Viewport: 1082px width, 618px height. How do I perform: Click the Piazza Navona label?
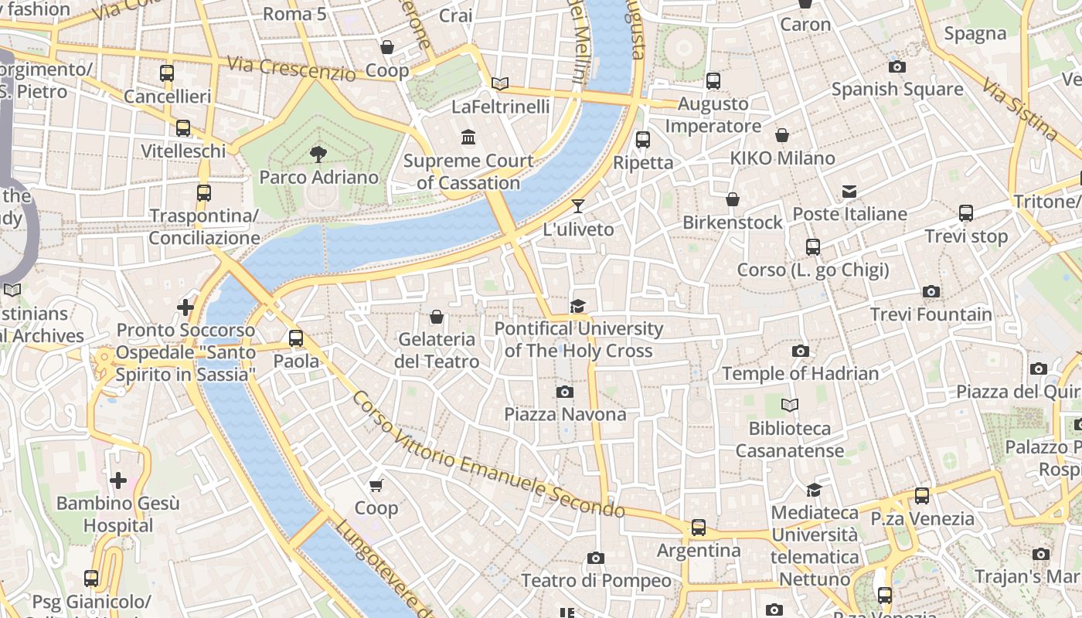tap(565, 414)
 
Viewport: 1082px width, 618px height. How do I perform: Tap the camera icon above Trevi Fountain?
tap(931, 292)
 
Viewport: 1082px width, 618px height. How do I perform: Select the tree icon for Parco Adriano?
tap(318, 154)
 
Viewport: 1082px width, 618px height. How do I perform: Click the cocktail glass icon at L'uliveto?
tap(578, 206)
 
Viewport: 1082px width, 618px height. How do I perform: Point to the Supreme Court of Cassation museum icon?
tap(468, 138)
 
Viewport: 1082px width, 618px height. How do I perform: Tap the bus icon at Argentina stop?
tap(699, 528)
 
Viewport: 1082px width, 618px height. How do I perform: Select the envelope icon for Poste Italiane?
tap(849, 192)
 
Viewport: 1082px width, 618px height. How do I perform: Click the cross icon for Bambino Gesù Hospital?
tap(118, 481)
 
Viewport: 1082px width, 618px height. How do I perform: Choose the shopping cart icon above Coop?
tap(376, 485)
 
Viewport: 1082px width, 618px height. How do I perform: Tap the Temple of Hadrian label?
tap(800, 374)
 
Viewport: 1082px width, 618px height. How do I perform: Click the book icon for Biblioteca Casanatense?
tap(789, 405)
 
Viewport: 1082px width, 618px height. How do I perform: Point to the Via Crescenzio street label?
tap(291, 70)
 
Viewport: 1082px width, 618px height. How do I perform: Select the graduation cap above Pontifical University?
tap(578, 307)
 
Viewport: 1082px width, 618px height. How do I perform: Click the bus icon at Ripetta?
tap(643, 140)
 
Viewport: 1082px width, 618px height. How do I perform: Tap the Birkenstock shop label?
tap(732, 222)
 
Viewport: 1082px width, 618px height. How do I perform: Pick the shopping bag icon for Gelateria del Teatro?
tap(437, 317)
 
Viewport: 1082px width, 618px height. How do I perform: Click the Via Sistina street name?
tap(1020, 109)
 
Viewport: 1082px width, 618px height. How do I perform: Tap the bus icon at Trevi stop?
tap(966, 213)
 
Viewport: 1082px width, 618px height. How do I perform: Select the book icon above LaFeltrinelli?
tap(500, 83)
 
